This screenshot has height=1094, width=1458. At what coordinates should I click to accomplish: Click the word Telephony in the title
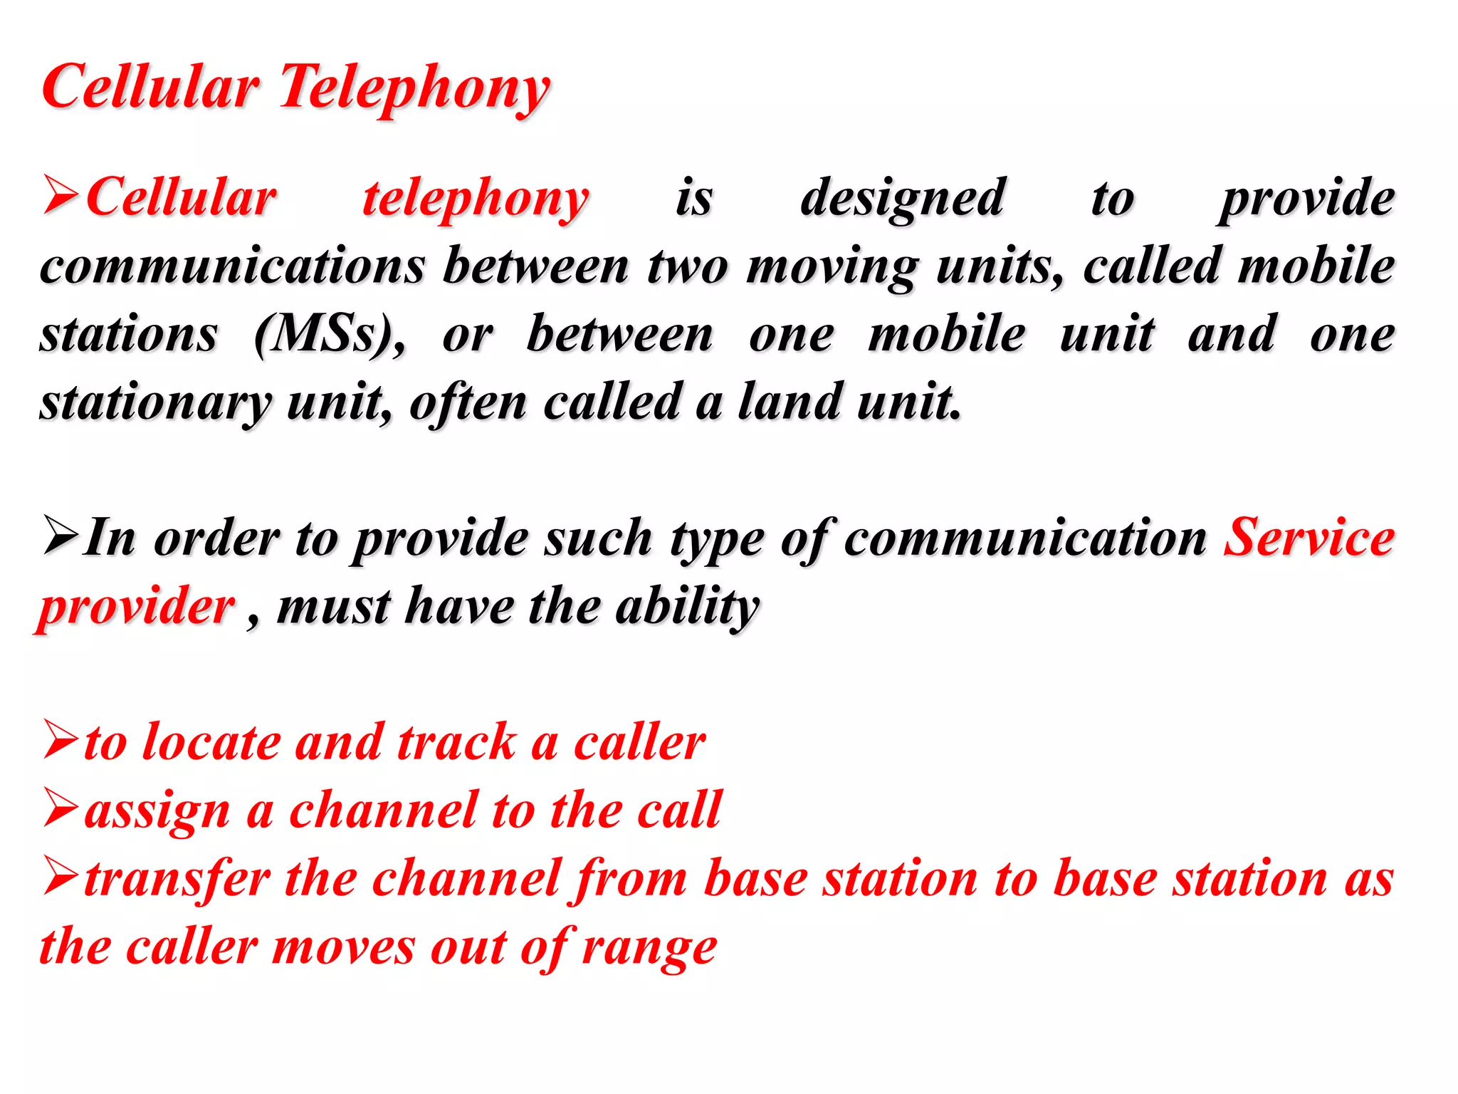(414, 89)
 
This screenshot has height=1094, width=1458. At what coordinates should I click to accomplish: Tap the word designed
(903, 198)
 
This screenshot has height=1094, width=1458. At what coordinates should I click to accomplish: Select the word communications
(232, 266)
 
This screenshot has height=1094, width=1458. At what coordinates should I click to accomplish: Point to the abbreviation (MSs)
(329, 335)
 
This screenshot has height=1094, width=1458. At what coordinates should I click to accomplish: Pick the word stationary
(155, 403)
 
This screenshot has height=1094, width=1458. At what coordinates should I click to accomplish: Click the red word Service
(1308, 538)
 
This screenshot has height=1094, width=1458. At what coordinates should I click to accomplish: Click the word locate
(211, 743)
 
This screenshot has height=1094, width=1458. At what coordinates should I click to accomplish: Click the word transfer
(177, 879)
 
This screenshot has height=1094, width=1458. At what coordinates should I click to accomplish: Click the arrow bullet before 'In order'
(62, 536)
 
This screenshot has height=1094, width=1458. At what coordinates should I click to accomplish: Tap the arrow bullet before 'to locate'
(62, 740)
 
